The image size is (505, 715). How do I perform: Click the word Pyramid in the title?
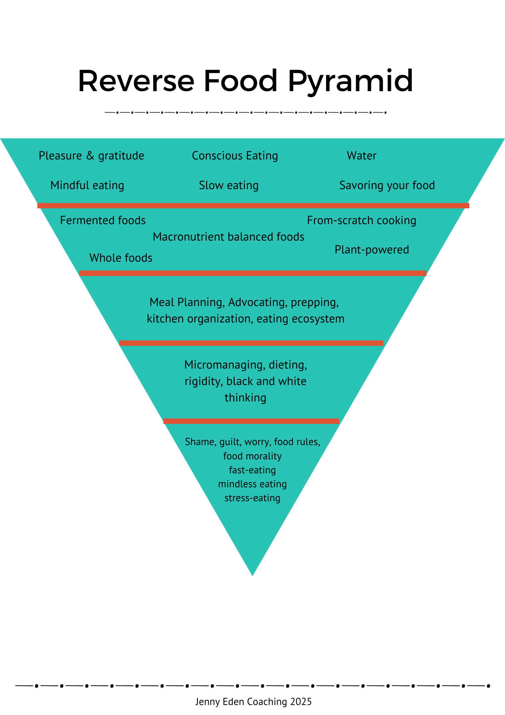350,82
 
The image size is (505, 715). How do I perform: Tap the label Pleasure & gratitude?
91,156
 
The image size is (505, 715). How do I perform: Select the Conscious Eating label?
235,156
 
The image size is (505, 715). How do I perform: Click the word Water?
361,156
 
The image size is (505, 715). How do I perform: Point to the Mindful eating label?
87,186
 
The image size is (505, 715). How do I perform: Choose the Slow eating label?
229,186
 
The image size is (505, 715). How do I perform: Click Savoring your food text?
387,186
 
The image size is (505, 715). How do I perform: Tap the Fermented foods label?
103,221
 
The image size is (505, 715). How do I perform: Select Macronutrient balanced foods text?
228,237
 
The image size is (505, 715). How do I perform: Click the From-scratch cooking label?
361,221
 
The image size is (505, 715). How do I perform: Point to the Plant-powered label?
371,250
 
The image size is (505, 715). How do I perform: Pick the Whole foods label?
121,258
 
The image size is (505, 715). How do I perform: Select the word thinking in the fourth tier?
245,398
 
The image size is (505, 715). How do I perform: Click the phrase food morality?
252,456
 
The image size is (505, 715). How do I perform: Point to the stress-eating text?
252,498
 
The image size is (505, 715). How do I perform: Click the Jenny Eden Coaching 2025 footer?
253,701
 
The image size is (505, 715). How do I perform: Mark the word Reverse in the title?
136,82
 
